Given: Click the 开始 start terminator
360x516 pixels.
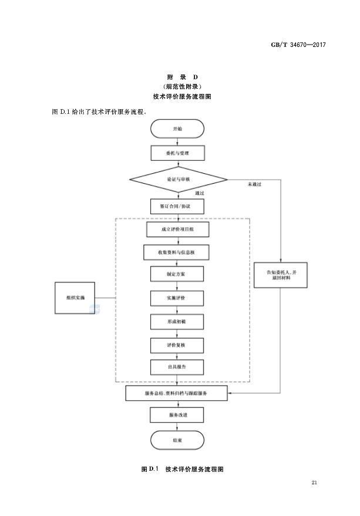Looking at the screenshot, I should click(177, 128).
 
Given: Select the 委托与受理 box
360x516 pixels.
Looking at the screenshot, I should click(177, 153).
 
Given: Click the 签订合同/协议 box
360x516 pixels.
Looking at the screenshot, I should click(177, 207).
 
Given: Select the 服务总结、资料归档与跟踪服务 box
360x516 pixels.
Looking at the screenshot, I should click(177, 393).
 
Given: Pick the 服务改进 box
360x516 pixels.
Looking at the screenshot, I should click(177, 416).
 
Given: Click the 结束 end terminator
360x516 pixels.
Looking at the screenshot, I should click(177, 440).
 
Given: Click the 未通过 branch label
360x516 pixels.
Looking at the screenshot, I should click(254, 185).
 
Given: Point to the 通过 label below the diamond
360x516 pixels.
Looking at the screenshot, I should click(198, 193).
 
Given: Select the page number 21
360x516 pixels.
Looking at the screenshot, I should click(314, 483).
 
